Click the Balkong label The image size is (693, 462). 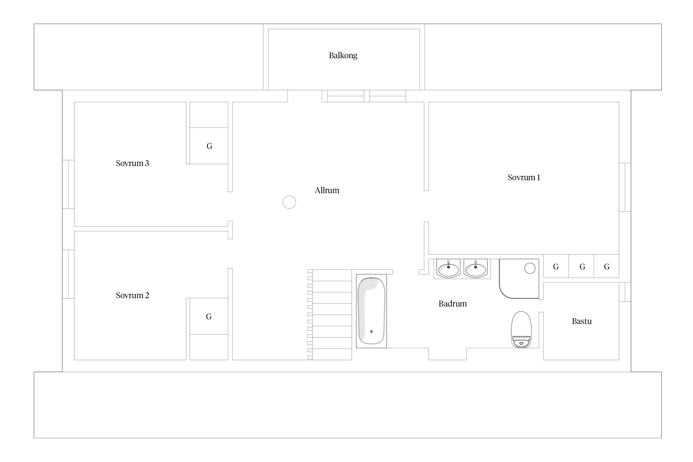pyautogui.click(x=343, y=56)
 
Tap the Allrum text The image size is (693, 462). pyautogui.click(x=327, y=190)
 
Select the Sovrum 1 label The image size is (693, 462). pyautogui.click(x=524, y=177)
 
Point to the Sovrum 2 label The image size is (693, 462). pyautogui.click(x=132, y=295)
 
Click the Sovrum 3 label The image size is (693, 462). pyautogui.click(x=132, y=163)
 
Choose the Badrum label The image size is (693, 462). pyautogui.click(x=452, y=304)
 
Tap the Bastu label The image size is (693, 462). pyautogui.click(x=582, y=321)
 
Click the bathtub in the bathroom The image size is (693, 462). pyautogui.click(x=371, y=311)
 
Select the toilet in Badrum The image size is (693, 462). pyautogui.click(x=521, y=330)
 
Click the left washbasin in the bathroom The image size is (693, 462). pyautogui.click(x=448, y=269)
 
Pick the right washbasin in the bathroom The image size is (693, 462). pyautogui.click(x=476, y=269)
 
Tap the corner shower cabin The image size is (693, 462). pyautogui.click(x=519, y=279)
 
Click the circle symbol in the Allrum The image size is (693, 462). pyautogui.click(x=289, y=202)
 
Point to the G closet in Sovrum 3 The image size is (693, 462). pyautogui.click(x=209, y=146)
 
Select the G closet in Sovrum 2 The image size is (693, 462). pyautogui.click(x=209, y=317)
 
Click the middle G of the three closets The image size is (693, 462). pyautogui.click(x=582, y=267)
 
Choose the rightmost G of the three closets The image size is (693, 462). pyautogui.click(x=607, y=267)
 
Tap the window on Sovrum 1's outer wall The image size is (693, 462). pyautogui.click(x=625, y=187)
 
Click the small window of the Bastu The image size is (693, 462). pyautogui.click(x=625, y=292)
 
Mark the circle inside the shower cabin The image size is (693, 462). pyautogui.click(x=530, y=268)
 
